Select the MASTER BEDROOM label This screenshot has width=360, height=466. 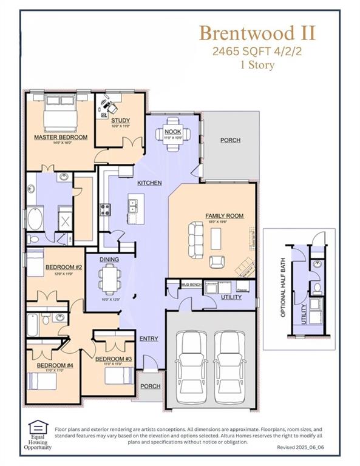(x=61, y=138)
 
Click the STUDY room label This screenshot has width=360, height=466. (x=120, y=120)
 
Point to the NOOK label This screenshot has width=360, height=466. (x=172, y=132)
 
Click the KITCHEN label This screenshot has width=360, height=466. (x=149, y=183)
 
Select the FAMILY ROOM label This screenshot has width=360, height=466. (x=224, y=215)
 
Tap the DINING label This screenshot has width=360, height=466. (x=110, y=260)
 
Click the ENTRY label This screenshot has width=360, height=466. (x=149, y=339)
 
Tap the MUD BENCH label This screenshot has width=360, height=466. (x=191, y=284)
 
